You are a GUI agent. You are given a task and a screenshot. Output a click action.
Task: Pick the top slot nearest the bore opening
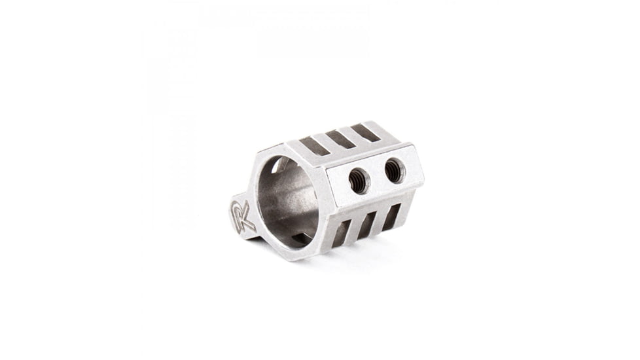pyautogui.click(x=315, y=146)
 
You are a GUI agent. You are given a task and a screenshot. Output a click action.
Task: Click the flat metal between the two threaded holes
pyautogui.click(x=376, y=175)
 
